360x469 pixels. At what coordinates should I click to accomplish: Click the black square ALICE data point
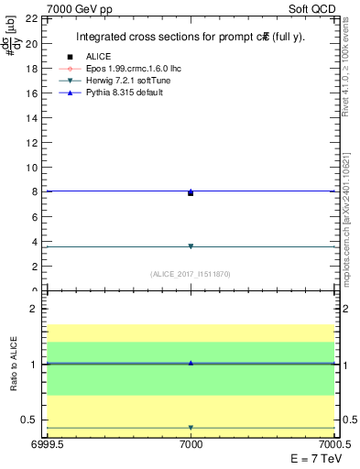click(x=191, y=193)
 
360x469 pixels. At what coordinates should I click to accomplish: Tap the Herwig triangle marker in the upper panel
click(x=191, y=246)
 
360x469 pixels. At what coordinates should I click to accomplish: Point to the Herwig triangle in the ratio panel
click(x=191, y=428)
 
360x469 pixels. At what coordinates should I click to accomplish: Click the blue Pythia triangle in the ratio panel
click(x=191, y=363)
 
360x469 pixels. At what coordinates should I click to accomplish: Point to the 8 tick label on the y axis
click(x=33, y=192)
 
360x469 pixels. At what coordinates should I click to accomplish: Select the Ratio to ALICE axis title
click(x=14, y=365)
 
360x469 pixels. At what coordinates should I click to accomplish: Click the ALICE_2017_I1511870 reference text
click(x=191, y=274)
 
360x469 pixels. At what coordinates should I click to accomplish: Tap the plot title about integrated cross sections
click(x=191, y=37)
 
